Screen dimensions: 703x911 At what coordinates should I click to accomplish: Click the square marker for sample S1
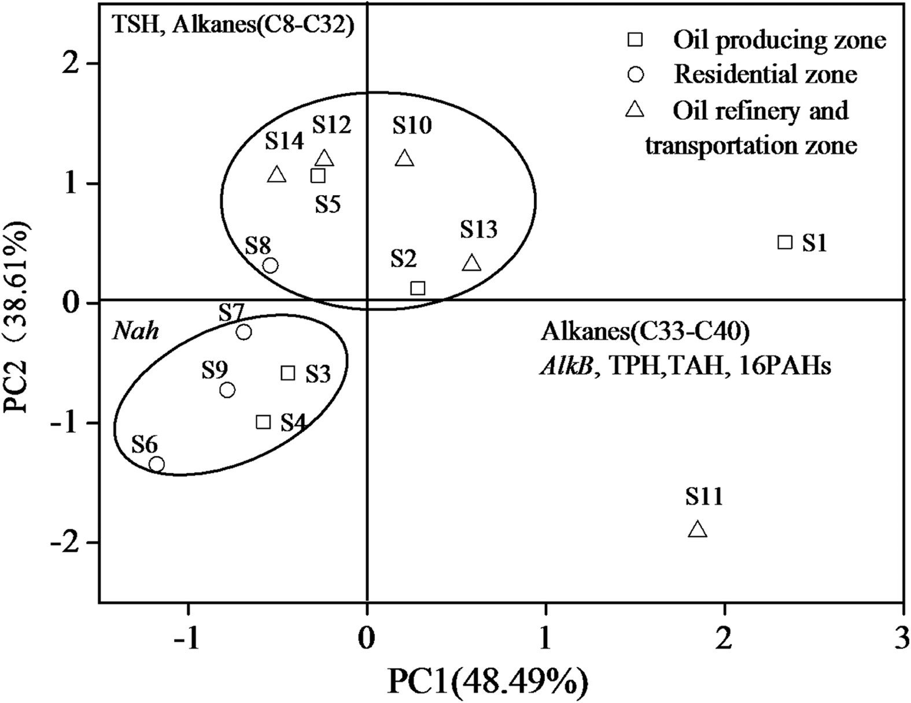click(784, 242)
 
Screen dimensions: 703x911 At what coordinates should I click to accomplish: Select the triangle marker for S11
click(698, 529)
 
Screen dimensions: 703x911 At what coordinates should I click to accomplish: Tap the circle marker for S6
click(157, 464)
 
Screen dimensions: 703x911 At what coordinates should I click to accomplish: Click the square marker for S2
click(418, 288)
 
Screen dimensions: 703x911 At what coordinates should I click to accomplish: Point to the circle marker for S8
click(270, 265)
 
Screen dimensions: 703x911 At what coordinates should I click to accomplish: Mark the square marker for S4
click(263, 422)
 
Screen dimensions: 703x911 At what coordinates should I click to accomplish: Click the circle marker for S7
click(244, 332)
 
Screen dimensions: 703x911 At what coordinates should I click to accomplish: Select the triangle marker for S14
click(277, 175)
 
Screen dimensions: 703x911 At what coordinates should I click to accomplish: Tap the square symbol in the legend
click(636, 39)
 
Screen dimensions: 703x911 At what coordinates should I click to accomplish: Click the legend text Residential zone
click(765, 74)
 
